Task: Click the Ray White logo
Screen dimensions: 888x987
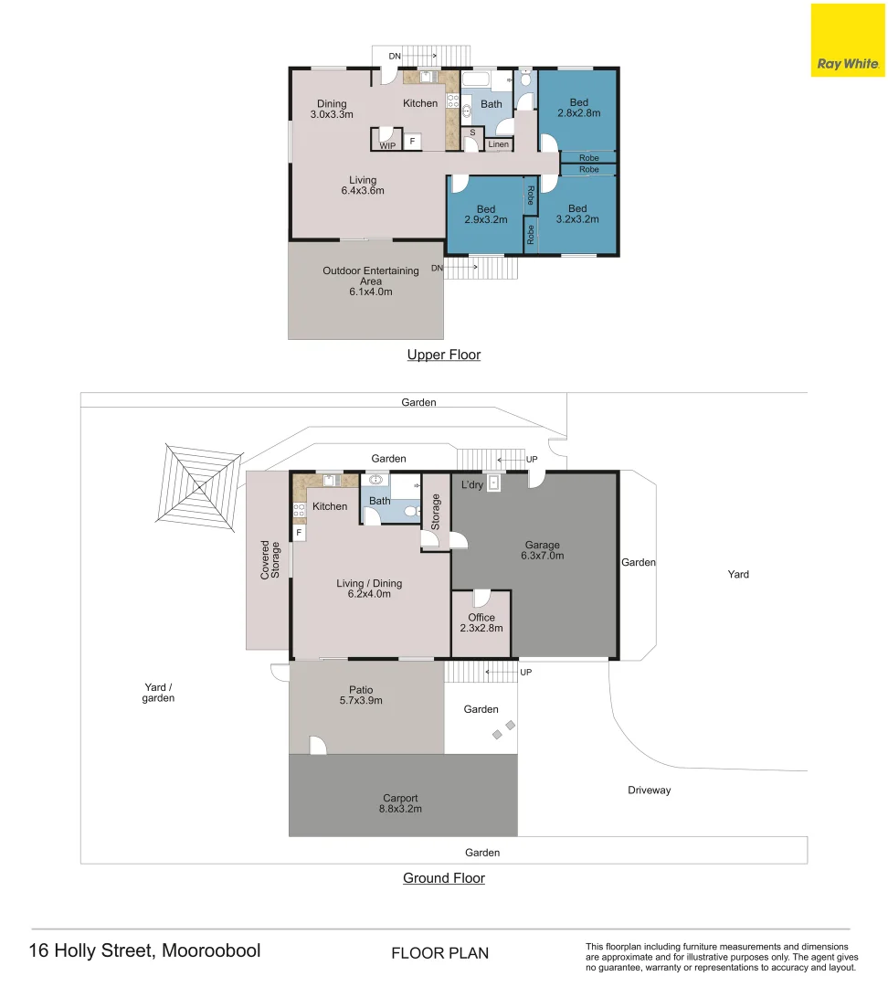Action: (847, 40)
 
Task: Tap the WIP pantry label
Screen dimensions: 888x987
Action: (387, 145)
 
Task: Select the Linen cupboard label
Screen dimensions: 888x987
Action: (499, 144)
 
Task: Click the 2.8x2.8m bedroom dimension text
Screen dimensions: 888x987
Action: (579, 113)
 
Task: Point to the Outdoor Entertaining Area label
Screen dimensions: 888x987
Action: (371, 281)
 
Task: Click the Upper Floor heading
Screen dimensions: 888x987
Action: (444, 355)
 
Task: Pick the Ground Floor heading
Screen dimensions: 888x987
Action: (444, 878)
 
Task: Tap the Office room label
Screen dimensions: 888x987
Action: (481, 618)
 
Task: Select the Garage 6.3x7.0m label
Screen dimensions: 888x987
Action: (543, 550)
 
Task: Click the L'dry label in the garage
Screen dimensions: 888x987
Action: (472, 484)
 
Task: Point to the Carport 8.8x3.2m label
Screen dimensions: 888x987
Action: (400, 803)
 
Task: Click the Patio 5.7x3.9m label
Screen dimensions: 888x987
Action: (361, 695)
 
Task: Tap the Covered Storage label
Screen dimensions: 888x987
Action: (270, 559)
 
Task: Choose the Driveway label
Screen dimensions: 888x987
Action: (649, 790)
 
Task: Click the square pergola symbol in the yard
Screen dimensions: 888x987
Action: (199, 486)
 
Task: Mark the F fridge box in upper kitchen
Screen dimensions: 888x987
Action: (412, 141)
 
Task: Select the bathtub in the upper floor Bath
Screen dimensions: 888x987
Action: (476, 80)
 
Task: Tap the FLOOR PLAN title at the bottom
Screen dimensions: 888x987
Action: (440, 953)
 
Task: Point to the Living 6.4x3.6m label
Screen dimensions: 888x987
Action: (363, 185)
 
